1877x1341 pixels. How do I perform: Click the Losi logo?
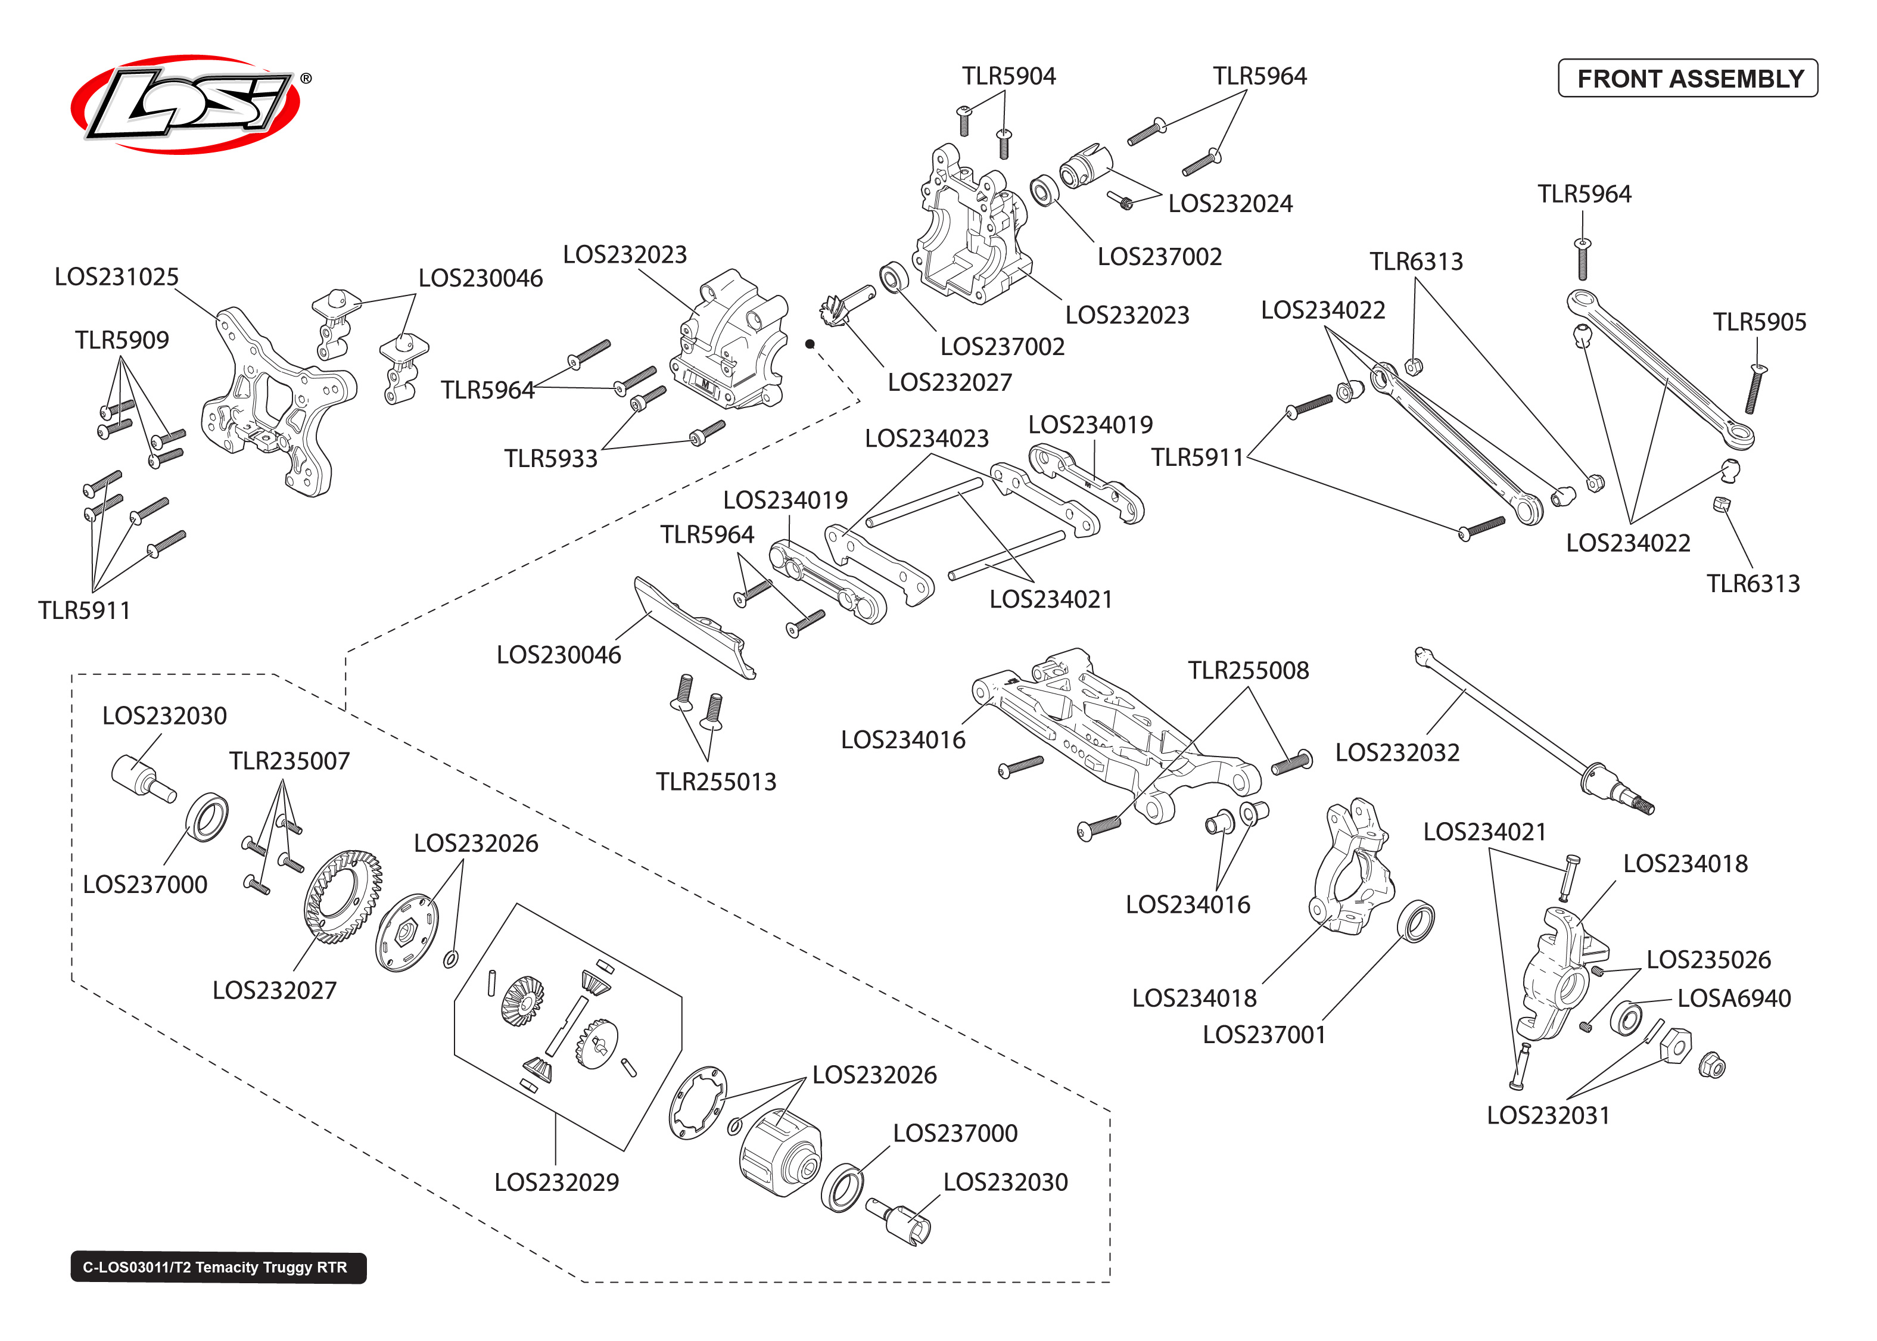[186, 104]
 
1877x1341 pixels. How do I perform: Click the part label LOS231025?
[116, 276]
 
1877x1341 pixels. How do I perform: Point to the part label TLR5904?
[1008, 76]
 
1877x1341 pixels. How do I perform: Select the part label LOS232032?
[1397, 752]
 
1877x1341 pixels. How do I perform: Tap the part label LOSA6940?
[1733, 998]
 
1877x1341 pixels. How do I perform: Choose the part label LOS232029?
[556, 1183]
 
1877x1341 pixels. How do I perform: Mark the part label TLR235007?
[289, 761]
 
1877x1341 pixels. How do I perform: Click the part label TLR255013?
[715, 782]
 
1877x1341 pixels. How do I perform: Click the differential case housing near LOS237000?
[780, 1152]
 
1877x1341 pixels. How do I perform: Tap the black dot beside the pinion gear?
[810, 344]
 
